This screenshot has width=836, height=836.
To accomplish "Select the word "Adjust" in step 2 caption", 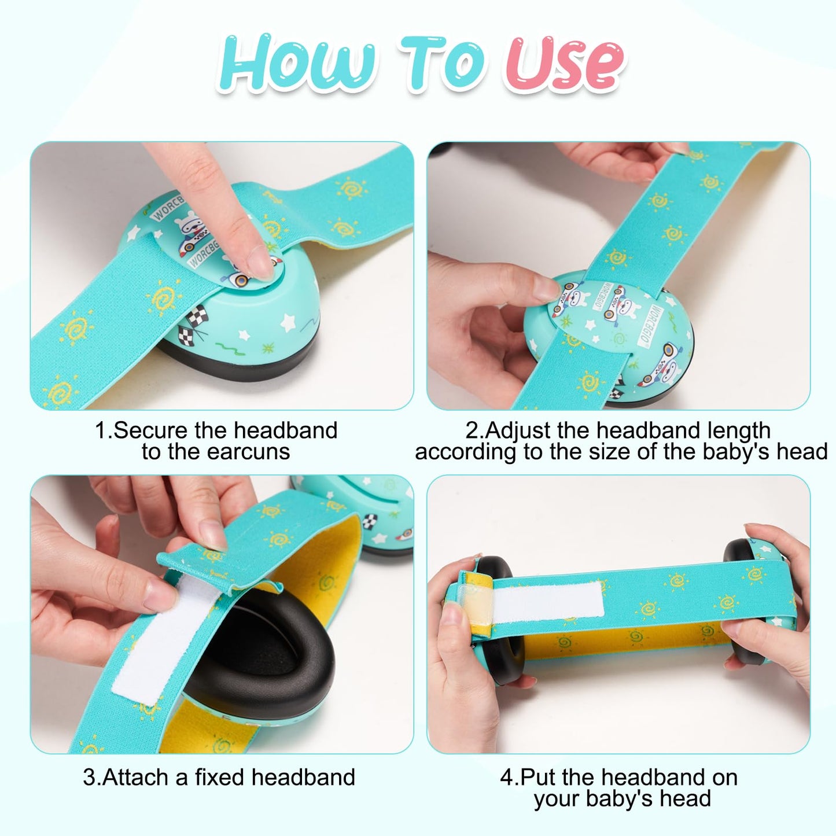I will coord(518,430).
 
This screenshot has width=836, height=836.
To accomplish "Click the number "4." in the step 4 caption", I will coord(510,777).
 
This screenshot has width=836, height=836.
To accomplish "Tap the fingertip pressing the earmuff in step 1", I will coord(263,263).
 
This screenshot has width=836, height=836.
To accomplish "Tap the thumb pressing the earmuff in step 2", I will coord(532,289).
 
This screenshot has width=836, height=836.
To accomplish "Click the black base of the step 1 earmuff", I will coord(243,362).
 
